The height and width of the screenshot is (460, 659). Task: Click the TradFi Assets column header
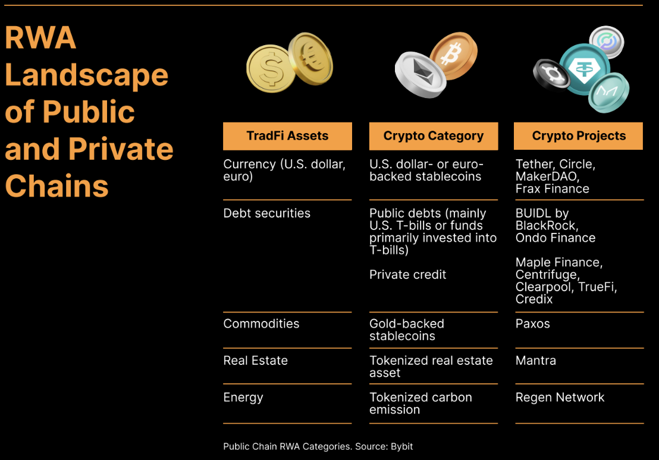click(x=287, y=136)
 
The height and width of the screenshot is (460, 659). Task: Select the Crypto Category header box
click(x=434, y=136)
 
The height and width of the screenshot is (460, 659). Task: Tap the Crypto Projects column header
click(x=578, y=136)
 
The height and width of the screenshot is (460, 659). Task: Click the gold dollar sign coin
click(x=271, y=68)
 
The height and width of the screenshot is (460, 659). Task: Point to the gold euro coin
click(x=310, y=59)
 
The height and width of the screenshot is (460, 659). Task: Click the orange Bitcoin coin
click(x=453, y=55)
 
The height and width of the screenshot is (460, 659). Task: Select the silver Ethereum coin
click(x=420, y=75)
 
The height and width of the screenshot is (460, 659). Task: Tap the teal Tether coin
click(x=584, y=69)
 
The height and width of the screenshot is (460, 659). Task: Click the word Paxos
click(x=532, y=324)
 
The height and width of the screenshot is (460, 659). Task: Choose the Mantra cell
click(x=536, y=360)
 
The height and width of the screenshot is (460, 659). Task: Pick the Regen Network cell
click(x=560, y=398)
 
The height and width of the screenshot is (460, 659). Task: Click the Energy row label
click(x=243, y=398)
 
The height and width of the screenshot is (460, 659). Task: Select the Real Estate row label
click(x=256, y=360)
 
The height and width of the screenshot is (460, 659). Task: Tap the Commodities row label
click(x=262, y=324)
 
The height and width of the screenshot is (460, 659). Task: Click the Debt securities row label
click(x=267, y=213)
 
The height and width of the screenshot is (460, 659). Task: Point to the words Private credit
click(x=407, y=275)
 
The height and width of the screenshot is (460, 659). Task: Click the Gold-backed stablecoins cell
click(x=407, y=330)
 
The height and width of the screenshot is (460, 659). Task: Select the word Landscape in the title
click(x=87, y=75)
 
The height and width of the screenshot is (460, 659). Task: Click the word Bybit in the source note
click(x=402, y=446)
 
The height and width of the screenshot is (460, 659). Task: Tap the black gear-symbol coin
click(x=551, y=75)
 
